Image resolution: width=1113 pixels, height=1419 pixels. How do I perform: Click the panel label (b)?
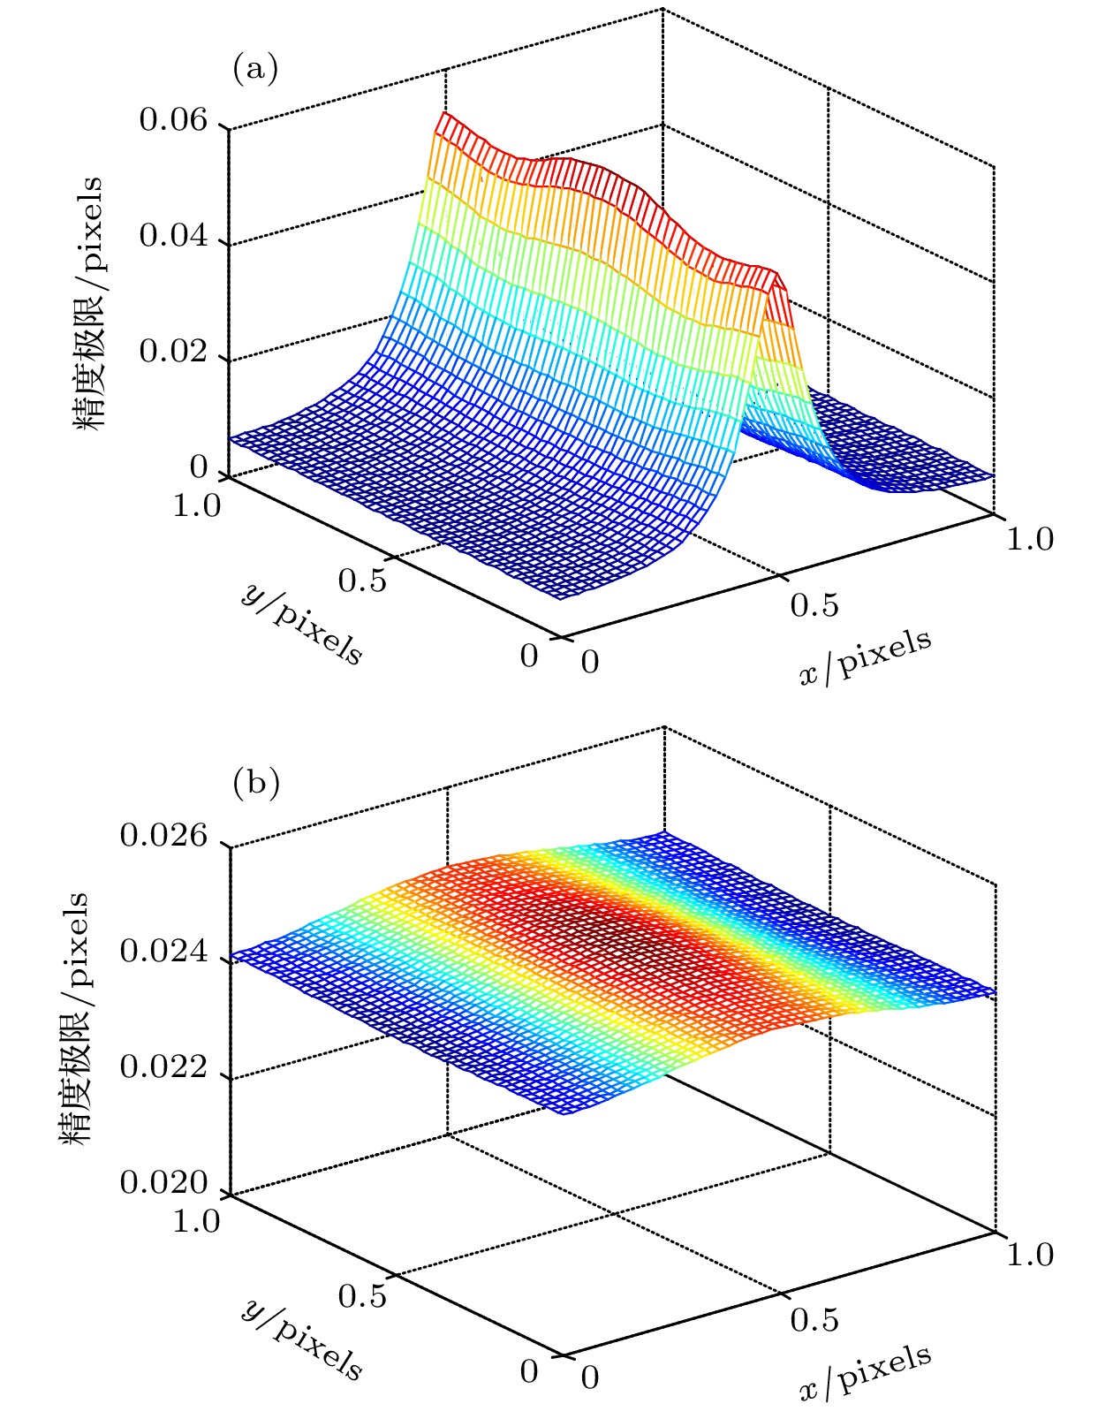255,784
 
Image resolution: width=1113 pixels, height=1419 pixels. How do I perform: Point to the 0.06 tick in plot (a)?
173,120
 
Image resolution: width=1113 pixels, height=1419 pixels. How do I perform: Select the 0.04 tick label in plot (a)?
173,237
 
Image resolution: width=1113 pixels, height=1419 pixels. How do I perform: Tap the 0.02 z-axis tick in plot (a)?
173,353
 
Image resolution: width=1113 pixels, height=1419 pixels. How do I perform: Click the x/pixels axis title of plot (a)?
866,657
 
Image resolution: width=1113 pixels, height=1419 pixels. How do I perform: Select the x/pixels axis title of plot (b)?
866,1373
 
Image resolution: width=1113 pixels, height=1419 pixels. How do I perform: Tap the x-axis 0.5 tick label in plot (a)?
814,606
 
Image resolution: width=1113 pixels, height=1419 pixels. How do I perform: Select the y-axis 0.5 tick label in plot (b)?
362,1297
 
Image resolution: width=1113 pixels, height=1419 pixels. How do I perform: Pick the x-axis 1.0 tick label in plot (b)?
1030,1255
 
